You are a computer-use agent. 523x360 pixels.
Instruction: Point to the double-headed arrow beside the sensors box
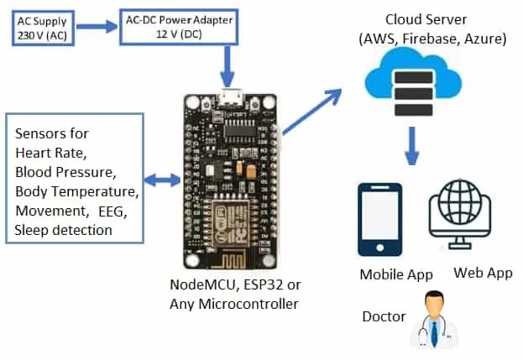[x=162, y=180]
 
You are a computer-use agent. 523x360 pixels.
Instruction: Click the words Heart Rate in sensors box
[x=51, y=153]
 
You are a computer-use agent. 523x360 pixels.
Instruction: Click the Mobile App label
[x=396, y=274]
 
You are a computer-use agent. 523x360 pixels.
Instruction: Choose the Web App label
[x=483, y=274]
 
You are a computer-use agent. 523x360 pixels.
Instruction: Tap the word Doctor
[x=384, y=317]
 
